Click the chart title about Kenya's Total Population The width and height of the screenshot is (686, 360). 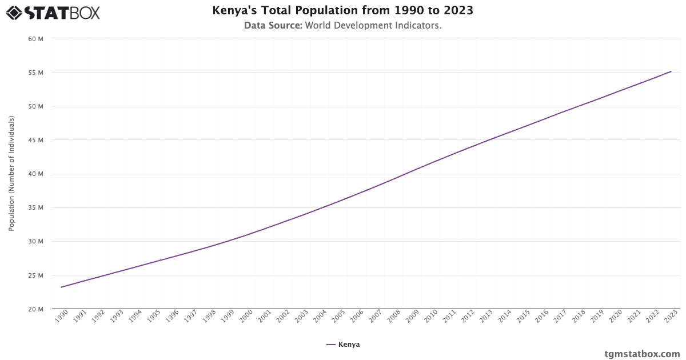tap(342, 10)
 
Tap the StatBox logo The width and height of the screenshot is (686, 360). tap(53, 12)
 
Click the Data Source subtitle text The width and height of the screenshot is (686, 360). tap(342, 26)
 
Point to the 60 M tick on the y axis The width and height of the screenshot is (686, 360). tap(36, 39)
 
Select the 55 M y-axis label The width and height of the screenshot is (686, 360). tap(36, 73)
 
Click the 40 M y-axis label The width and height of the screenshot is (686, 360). tap(36, 174)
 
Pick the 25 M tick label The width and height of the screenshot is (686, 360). tap(36, 275)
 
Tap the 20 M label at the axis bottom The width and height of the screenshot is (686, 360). tap(36, 309)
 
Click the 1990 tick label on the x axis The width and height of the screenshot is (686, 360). tap(62, 317)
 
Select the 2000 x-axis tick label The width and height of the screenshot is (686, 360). tap(246, 317)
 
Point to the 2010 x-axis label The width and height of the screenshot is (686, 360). tap(431, 317)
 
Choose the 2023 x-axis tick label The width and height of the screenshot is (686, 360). tap(671, 317)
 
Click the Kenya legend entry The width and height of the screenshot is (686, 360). tap(343, 345)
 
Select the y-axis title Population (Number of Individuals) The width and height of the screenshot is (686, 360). tap(11, 174)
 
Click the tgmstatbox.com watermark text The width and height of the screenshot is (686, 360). tap(642, 354)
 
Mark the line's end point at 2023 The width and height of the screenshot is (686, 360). tap(671, 71)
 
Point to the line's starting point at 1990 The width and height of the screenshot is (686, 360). tap(61, 287)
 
